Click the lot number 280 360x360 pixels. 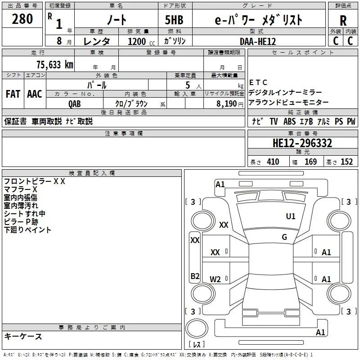[22, 19]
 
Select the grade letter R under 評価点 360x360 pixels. [343, 21]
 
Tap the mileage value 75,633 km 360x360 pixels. [55, 64]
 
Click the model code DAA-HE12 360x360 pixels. [258, 41]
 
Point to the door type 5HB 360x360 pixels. [174, 20]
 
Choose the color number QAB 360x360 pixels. [75, 104]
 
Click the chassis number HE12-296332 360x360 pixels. [302, 143]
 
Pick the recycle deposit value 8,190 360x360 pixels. [226, 103]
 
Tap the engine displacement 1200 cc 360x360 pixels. [141, 41]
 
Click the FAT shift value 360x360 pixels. [13, 94]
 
